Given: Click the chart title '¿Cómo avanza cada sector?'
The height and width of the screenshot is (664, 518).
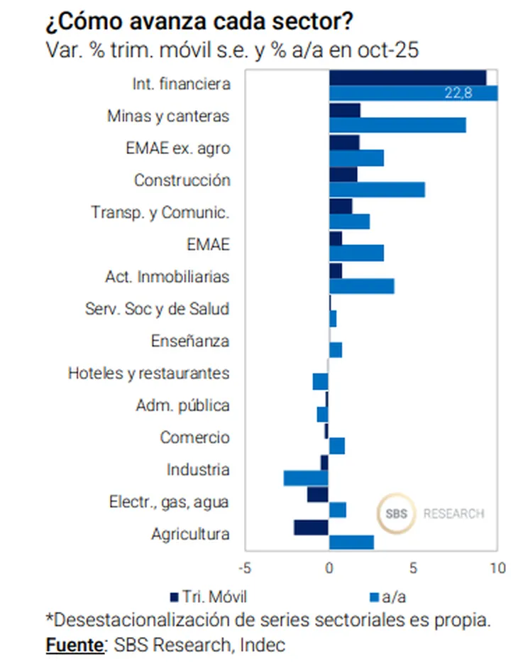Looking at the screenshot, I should (x=199, y=22).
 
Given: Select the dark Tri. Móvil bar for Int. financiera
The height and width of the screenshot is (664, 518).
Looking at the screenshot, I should (x=407, y=77).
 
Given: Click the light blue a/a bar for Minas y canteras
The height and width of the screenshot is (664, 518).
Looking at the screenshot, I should (x=397, y=125).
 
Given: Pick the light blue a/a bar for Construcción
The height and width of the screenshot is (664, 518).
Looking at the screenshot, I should (x=377, y=189).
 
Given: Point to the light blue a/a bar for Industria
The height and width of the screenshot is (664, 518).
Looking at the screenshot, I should (x=306, y=478).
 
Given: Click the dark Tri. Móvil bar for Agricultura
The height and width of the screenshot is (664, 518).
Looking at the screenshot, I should (x=311, y=527).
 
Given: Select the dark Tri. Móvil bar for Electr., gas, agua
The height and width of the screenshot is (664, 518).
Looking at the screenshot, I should (x=317, y=494).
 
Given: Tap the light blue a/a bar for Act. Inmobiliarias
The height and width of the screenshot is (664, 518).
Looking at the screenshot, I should (x=361, y=285).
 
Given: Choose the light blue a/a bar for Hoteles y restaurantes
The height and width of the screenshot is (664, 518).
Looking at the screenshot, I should (x=320, y=381).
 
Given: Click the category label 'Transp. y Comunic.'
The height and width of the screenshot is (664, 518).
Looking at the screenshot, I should (x=160, y=212).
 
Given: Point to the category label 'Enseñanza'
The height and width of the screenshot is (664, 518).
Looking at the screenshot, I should (x=190, y=341).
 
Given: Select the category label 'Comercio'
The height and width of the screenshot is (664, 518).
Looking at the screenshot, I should (x=194, y=437).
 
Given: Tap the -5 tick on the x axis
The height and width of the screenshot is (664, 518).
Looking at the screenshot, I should (x=245, y=568).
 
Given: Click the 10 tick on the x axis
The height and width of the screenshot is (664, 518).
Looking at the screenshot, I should (x=497, y=568).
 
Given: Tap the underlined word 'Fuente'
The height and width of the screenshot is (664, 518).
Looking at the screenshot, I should (x=74, y=646).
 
